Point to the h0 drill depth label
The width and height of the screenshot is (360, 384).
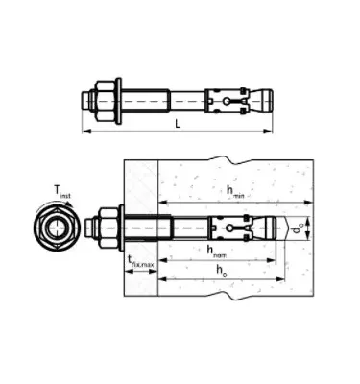(x=221, y=274)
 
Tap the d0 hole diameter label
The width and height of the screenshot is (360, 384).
(x=300, y=228)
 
